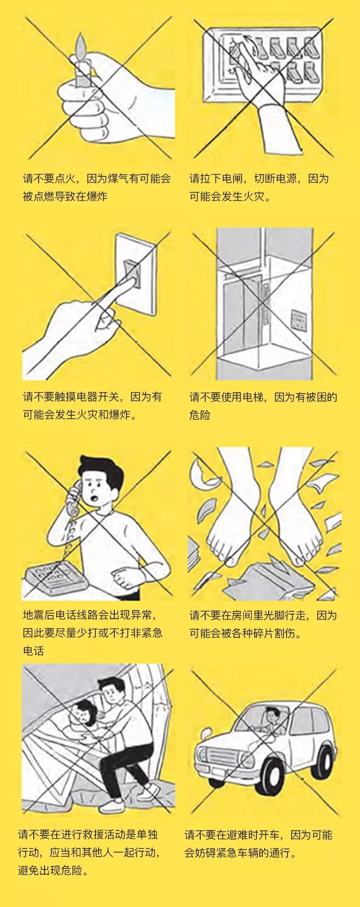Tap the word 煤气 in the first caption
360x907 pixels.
coord(118,179)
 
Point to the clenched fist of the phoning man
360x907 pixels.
coord(120,576)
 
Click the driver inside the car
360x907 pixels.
coord(272,720)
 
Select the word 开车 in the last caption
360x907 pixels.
coord(270,835)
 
